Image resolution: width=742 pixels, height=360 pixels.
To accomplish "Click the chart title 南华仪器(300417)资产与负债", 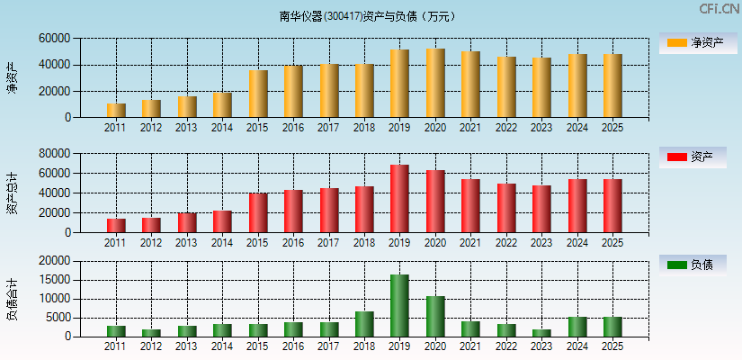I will [367, 16].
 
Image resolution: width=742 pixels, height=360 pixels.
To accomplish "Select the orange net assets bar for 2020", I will [435, 83].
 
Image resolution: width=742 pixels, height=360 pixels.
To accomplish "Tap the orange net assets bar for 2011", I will [116, 110].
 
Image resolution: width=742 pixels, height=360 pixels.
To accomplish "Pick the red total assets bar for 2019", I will [399, 198].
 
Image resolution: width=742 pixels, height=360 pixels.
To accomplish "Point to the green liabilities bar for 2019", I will [399, 306].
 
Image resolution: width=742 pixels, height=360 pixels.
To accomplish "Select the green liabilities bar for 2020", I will [435, 316].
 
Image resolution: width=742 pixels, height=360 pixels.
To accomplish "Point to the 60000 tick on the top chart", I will [54, 39].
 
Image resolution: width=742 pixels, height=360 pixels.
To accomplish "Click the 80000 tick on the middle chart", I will [54, 154].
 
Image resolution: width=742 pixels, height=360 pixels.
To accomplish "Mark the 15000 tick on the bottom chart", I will [54, 280].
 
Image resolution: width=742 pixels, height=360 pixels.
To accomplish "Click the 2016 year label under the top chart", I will [293, 128].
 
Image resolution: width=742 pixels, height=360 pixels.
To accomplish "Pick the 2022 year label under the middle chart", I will [505, 243].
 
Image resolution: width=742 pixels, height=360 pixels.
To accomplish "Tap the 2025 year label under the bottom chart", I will [612, 346].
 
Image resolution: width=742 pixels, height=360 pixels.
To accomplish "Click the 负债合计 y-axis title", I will [12, 299].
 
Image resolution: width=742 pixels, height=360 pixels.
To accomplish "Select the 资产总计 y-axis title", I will [12, 193].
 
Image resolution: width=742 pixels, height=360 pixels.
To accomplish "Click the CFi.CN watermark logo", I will [719, 9].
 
